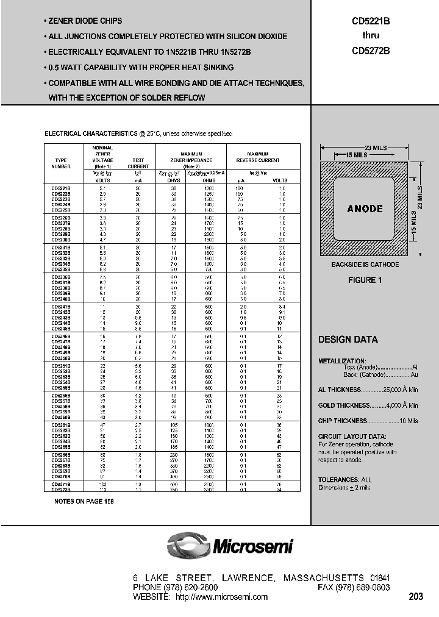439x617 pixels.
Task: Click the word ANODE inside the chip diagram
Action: tap(365, 209)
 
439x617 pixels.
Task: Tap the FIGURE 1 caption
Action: tap(365, 280)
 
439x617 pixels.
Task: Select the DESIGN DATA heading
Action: tap(348, 340)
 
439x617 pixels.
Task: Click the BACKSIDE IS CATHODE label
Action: tap(365, 265)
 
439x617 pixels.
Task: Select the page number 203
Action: tap(415, 597)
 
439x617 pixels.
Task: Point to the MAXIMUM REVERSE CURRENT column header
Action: tap(262, 157)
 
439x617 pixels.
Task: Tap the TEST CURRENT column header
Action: tap(138, 163)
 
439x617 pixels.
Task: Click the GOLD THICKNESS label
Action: tap(344, 405)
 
